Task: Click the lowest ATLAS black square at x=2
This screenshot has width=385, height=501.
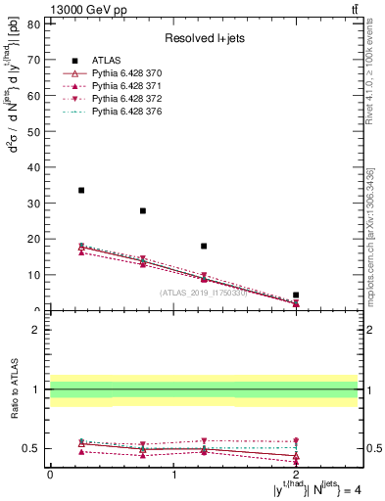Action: click(296, 295)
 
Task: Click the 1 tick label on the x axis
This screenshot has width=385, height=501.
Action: click(173, 474)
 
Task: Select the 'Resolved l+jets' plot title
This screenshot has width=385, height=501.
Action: click(202, 39)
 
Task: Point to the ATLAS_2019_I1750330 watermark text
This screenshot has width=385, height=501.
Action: click(203, 292)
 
